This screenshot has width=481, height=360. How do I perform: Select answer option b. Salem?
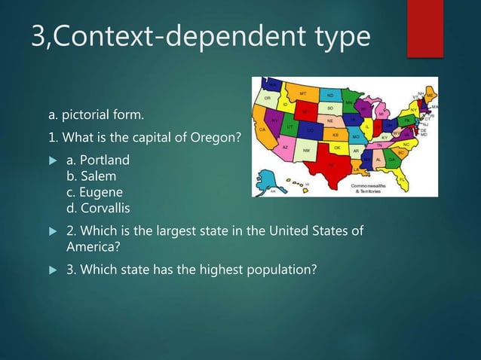90,175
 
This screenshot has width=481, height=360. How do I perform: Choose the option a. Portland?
97,160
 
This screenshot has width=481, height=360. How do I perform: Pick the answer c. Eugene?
93,191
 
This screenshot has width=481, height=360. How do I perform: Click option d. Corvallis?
98,207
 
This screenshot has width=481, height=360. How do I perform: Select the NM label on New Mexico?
307,151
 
